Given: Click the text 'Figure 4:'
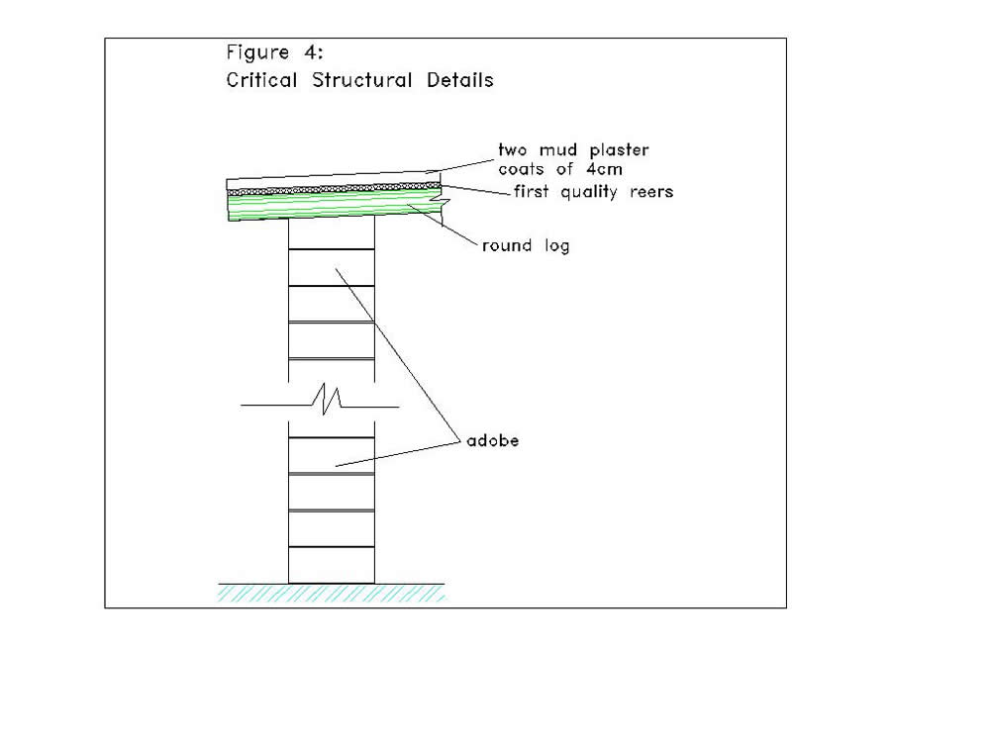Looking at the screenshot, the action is coord(274,52).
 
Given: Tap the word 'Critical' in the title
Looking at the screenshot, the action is coord(261,80).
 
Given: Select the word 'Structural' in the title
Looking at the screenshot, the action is coord(361,80).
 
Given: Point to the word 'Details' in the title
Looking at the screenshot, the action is coord(460,80).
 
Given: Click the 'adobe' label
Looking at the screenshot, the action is coord(492,440).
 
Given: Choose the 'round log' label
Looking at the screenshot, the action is coord(526,245).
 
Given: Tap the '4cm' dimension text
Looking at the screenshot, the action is coord(604,169).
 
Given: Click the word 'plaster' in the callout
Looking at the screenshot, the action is coord(619,150).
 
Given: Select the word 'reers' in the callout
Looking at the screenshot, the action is coord(651,192).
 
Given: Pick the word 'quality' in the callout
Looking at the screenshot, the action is coord(588,192).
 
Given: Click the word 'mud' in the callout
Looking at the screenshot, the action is coord(558,150).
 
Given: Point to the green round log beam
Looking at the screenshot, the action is coord(334,204).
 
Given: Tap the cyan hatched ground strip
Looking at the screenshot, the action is coord(332,593).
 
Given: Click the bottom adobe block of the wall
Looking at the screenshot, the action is coord(332,565).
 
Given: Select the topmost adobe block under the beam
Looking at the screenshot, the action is coord(332,232).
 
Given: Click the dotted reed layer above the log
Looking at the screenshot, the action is coord(334,188).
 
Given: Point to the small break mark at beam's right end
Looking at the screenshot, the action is coord(442,202).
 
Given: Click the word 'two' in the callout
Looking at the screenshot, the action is coord(512,150).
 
